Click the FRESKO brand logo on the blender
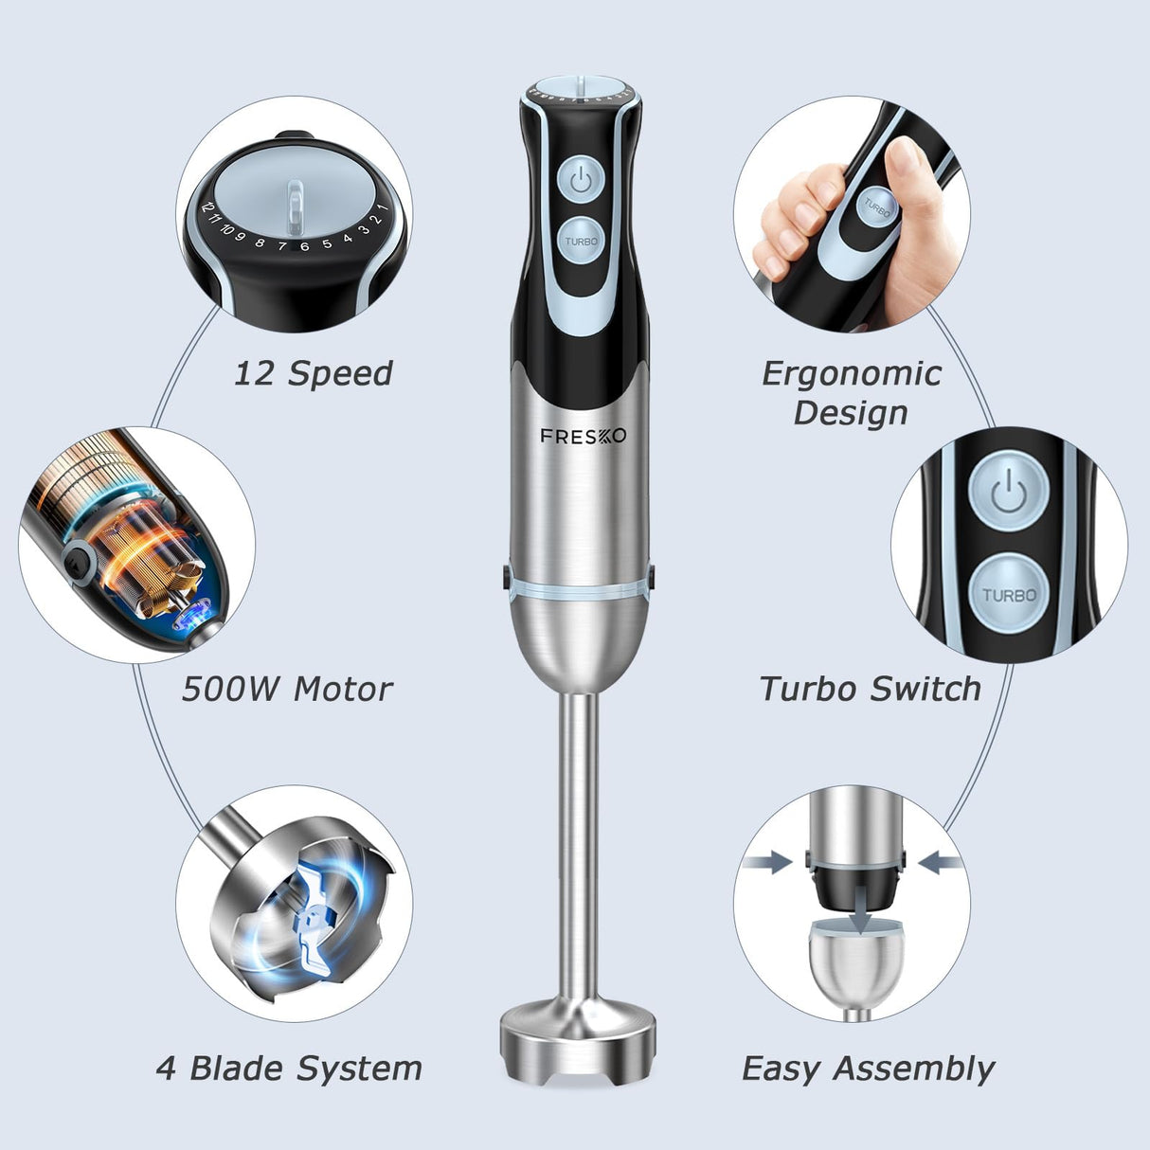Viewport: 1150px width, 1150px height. pyautogui.click(x=583, y=436)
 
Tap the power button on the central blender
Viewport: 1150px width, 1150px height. pyautogui.click(x=582, y=180)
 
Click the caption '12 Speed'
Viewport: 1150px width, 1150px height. pyautogui.click(x=313, y=373)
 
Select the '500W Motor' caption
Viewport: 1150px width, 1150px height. pyautogui.click(x=287, y=689)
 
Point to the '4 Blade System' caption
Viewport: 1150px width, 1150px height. pyautogui.click(x=289, y=1069)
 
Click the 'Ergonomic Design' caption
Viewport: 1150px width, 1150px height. pyautogui.click(x=851, y=392)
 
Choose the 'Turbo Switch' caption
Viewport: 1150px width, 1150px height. pyautogui.click(x=870, y=689)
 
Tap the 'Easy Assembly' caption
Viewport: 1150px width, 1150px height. pyautogui.click(x=868, y=1069)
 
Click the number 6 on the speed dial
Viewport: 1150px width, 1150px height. pyautogui.click(x=304, y=247)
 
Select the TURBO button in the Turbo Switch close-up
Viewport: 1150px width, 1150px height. pyautogui.click(x=1008, y=595)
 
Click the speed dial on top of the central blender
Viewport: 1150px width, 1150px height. pyautogui.click(x=580, y=89)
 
